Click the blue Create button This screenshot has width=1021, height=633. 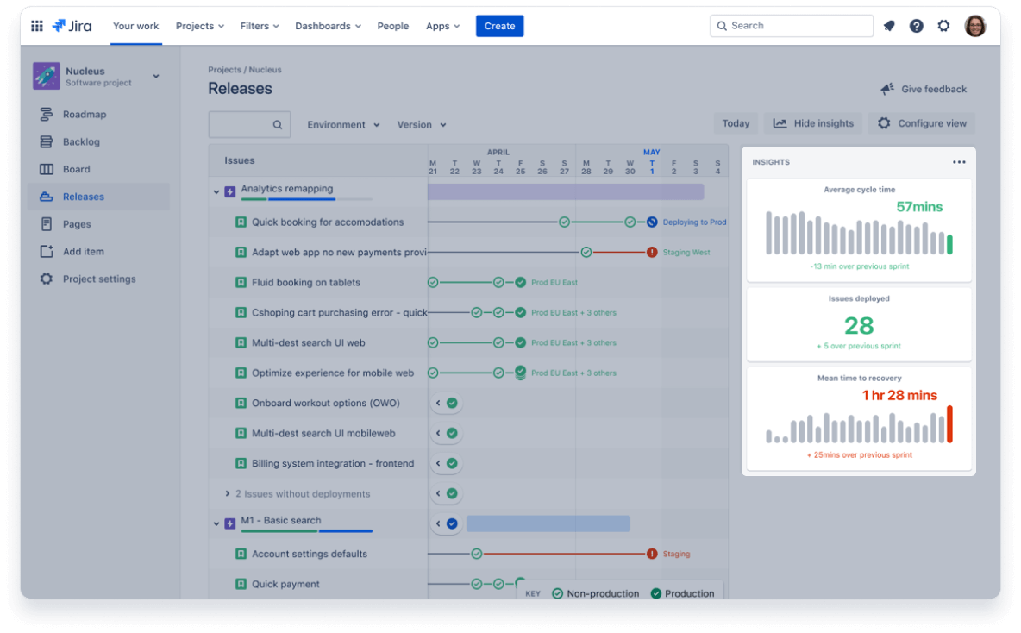pos(499,26)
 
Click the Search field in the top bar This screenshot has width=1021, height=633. pos(791,26)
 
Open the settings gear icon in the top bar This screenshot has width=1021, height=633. pos(943,26)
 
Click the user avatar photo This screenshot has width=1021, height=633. pos(974,26)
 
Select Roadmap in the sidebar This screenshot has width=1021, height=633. pos(84,115)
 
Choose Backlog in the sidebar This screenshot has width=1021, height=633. pos(81,142)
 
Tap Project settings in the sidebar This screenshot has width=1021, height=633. pos(98,279)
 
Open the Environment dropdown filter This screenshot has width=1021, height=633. pos(343,125)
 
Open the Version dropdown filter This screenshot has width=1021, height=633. pos(421,125)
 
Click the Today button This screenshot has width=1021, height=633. pos(736,123)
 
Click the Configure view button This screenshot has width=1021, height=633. pos(922,123)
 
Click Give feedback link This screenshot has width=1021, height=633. pos(924,89)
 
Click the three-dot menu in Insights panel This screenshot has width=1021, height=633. pos(959,162)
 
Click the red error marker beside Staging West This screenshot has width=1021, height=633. pos(652,253)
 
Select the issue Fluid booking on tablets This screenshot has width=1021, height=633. pos(305,283)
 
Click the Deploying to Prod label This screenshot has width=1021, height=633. pos(694,222)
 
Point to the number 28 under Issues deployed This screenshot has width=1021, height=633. pos(859,326)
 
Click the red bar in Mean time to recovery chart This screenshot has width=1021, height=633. pos(949,424)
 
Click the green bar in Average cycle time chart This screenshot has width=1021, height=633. pos(949,245)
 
